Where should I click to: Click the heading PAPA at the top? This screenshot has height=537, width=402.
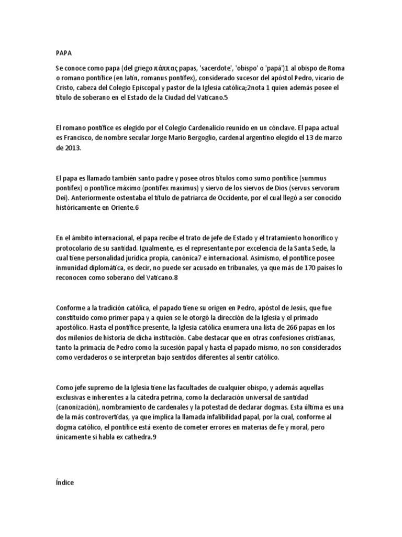coord(63,53)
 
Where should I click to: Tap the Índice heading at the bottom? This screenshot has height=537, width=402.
coord(65,484)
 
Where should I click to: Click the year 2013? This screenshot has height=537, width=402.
coord(72,148)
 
